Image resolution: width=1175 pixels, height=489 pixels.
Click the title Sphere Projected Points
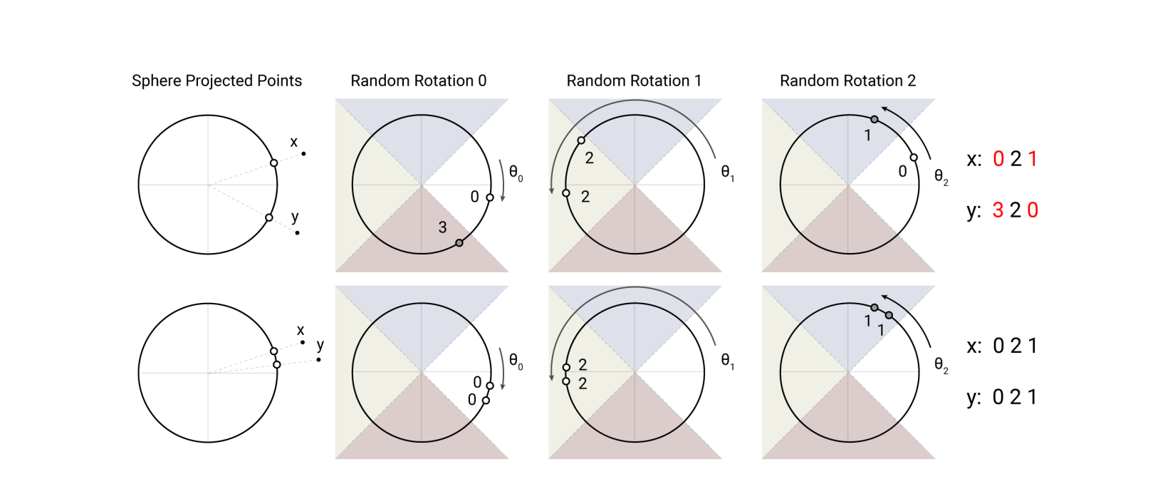(216, 81)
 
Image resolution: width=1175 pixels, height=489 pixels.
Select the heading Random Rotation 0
(418, 81)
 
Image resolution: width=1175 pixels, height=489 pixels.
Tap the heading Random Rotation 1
(633, 81)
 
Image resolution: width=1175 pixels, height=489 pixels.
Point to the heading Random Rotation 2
(847, 81)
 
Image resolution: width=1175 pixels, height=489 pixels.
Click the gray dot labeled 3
(459, 243)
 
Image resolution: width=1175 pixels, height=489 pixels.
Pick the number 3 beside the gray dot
(442, 227)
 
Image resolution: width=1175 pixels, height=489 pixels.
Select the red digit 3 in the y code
(998, 210)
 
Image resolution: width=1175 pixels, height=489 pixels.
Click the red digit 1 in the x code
(1033, 159)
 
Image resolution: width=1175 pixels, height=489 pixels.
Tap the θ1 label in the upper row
(727, 172)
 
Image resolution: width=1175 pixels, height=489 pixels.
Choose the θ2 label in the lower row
(941, 366)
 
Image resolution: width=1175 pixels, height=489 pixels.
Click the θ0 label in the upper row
(516, 173)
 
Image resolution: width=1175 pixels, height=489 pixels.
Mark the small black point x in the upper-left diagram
(304, 153)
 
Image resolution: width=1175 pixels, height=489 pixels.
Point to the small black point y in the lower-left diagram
(318, 359)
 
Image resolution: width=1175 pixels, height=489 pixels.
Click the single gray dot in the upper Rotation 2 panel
(874, 119)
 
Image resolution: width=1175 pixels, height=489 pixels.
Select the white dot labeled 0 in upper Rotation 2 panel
(914, 158)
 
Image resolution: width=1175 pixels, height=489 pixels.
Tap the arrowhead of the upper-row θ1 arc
(552, 190)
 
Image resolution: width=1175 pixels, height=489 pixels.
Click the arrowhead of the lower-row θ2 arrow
(884, 296)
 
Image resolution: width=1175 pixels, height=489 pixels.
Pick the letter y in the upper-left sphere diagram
(295, 217)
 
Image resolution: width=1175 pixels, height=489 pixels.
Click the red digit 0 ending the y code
(1033, 210)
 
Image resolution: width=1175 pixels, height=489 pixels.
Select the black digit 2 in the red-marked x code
(1015, 159)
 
